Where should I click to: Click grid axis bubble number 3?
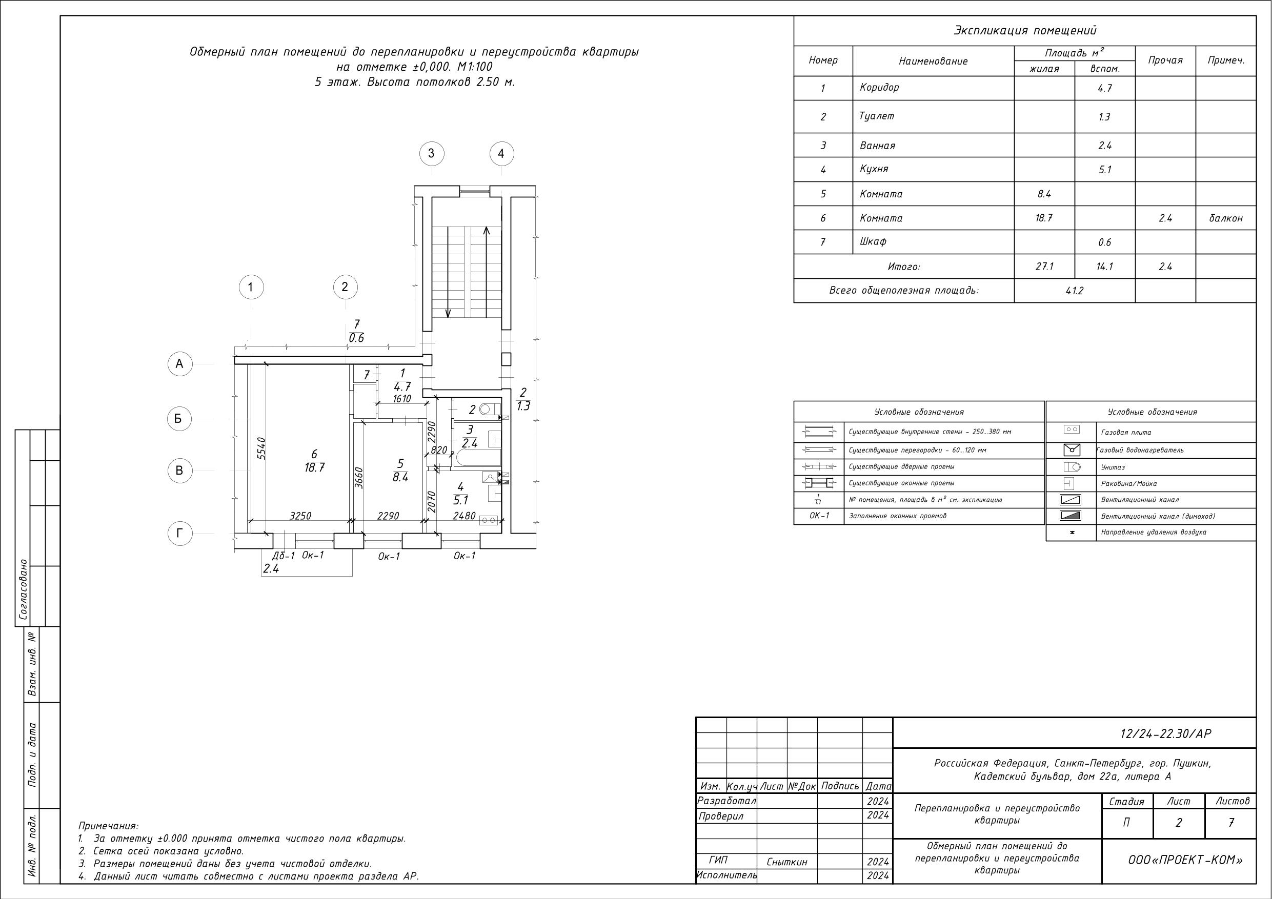coord(432,153)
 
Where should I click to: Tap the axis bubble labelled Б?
coord(179,419)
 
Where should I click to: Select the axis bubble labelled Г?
coord(179,534)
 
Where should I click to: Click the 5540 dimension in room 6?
coord(262,448)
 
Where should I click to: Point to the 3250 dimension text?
coord(300,516)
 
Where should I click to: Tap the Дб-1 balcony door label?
coord(284,556)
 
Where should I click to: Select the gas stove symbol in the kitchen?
coord(489,521)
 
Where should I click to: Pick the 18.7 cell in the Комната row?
coord(1044,218)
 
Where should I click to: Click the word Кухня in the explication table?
coord(874,169)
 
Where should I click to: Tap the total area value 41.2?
coord(1074,291)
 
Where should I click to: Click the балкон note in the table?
coord(1225,218)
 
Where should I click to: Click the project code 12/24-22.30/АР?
coord(1166,733)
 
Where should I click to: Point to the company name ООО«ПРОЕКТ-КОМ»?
coord(1185,860)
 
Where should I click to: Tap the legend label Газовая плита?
coord(1126,432)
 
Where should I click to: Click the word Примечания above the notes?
coord(109,826)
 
